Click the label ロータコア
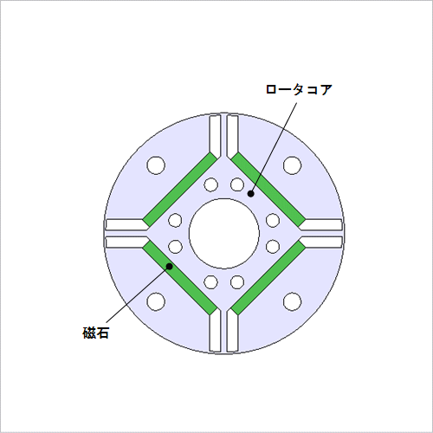click(299, 89)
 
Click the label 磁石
click(95, 333)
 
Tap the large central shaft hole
click(224, 234)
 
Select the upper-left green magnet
click(180, 190)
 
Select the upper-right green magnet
click(268, 190)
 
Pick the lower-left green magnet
click(180, 278)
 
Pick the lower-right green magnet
click(268, 278)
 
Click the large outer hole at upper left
click(156, 165)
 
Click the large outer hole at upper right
click(293, 165)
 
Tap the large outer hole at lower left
click(156, 301)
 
